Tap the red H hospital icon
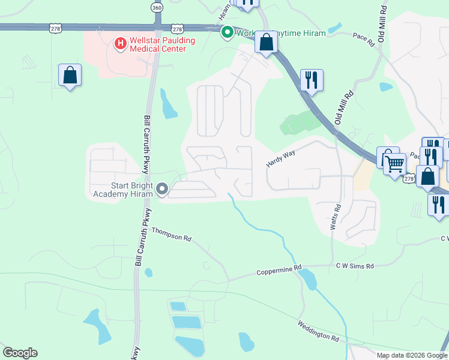pos(120,43)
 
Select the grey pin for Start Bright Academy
pos(162,190)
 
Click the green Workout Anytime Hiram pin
pos(228,32)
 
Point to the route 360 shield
pos(157,8)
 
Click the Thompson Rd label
pos(171,234)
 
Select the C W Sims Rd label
pos(354,266)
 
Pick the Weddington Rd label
pos(318,331)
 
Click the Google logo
pos(20,353)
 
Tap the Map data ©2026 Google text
pos(411,355)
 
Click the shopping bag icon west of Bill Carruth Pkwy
pos(70,76)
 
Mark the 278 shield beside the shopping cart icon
pos(409,179)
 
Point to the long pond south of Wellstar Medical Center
pos(169,104)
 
